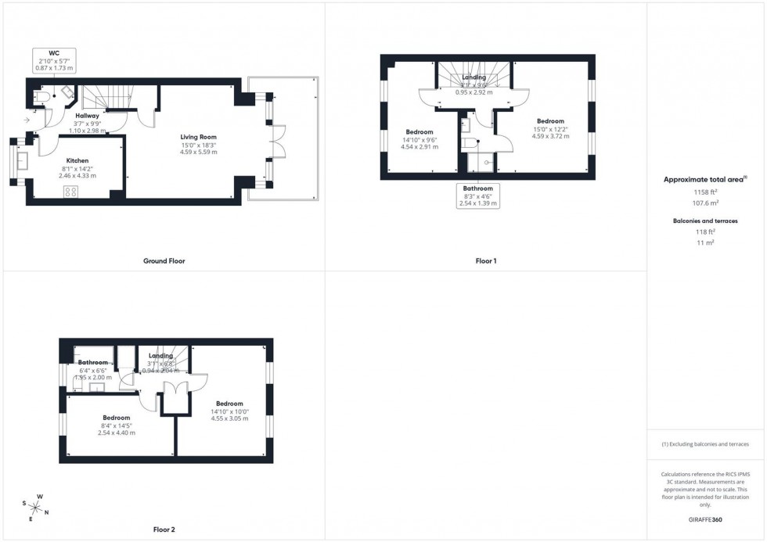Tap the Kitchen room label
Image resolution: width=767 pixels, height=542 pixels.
(x=77, y=160)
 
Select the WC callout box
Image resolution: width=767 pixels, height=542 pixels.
(x=54, y=61)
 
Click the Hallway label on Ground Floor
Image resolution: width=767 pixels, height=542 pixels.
(x=87, y=116)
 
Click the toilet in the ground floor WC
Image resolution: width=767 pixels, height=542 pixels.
(x=44, y=96)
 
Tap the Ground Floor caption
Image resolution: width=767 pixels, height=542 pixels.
(x=164, y=261)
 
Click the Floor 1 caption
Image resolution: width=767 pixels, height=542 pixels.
(x=486, y=261)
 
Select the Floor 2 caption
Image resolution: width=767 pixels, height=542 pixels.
(x=164, y=529)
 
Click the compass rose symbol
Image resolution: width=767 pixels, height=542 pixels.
(x=35, y=508)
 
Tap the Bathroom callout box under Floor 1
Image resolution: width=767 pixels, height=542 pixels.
(x=477, y=196)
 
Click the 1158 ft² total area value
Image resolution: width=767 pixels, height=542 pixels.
(x=706, y=192)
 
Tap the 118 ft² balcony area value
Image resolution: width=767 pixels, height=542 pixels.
(x=706, y=232)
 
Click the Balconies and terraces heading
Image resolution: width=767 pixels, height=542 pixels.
(x=705, y=221)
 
